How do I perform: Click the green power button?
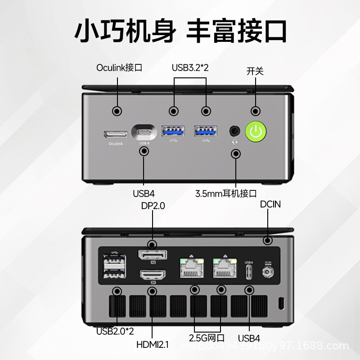tap(256, 131)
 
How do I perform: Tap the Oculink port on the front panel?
tap(115, 134)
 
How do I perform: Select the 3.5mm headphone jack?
tap(235, 131)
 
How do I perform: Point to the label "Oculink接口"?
tap(119, 68)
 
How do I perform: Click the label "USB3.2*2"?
tap(190, 68)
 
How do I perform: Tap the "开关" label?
tap(255, 71)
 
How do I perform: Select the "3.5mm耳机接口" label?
tap(226, 194)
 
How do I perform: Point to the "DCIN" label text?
tap(270, 204)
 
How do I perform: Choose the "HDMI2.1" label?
tap(153, 345)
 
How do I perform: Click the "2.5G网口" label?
tap(207, 338)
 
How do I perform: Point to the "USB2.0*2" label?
tap(115, 331)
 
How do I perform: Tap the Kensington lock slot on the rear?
tap(282, 302)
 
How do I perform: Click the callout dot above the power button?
tap(256, 111)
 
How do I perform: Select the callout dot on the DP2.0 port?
tap(152, 245)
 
